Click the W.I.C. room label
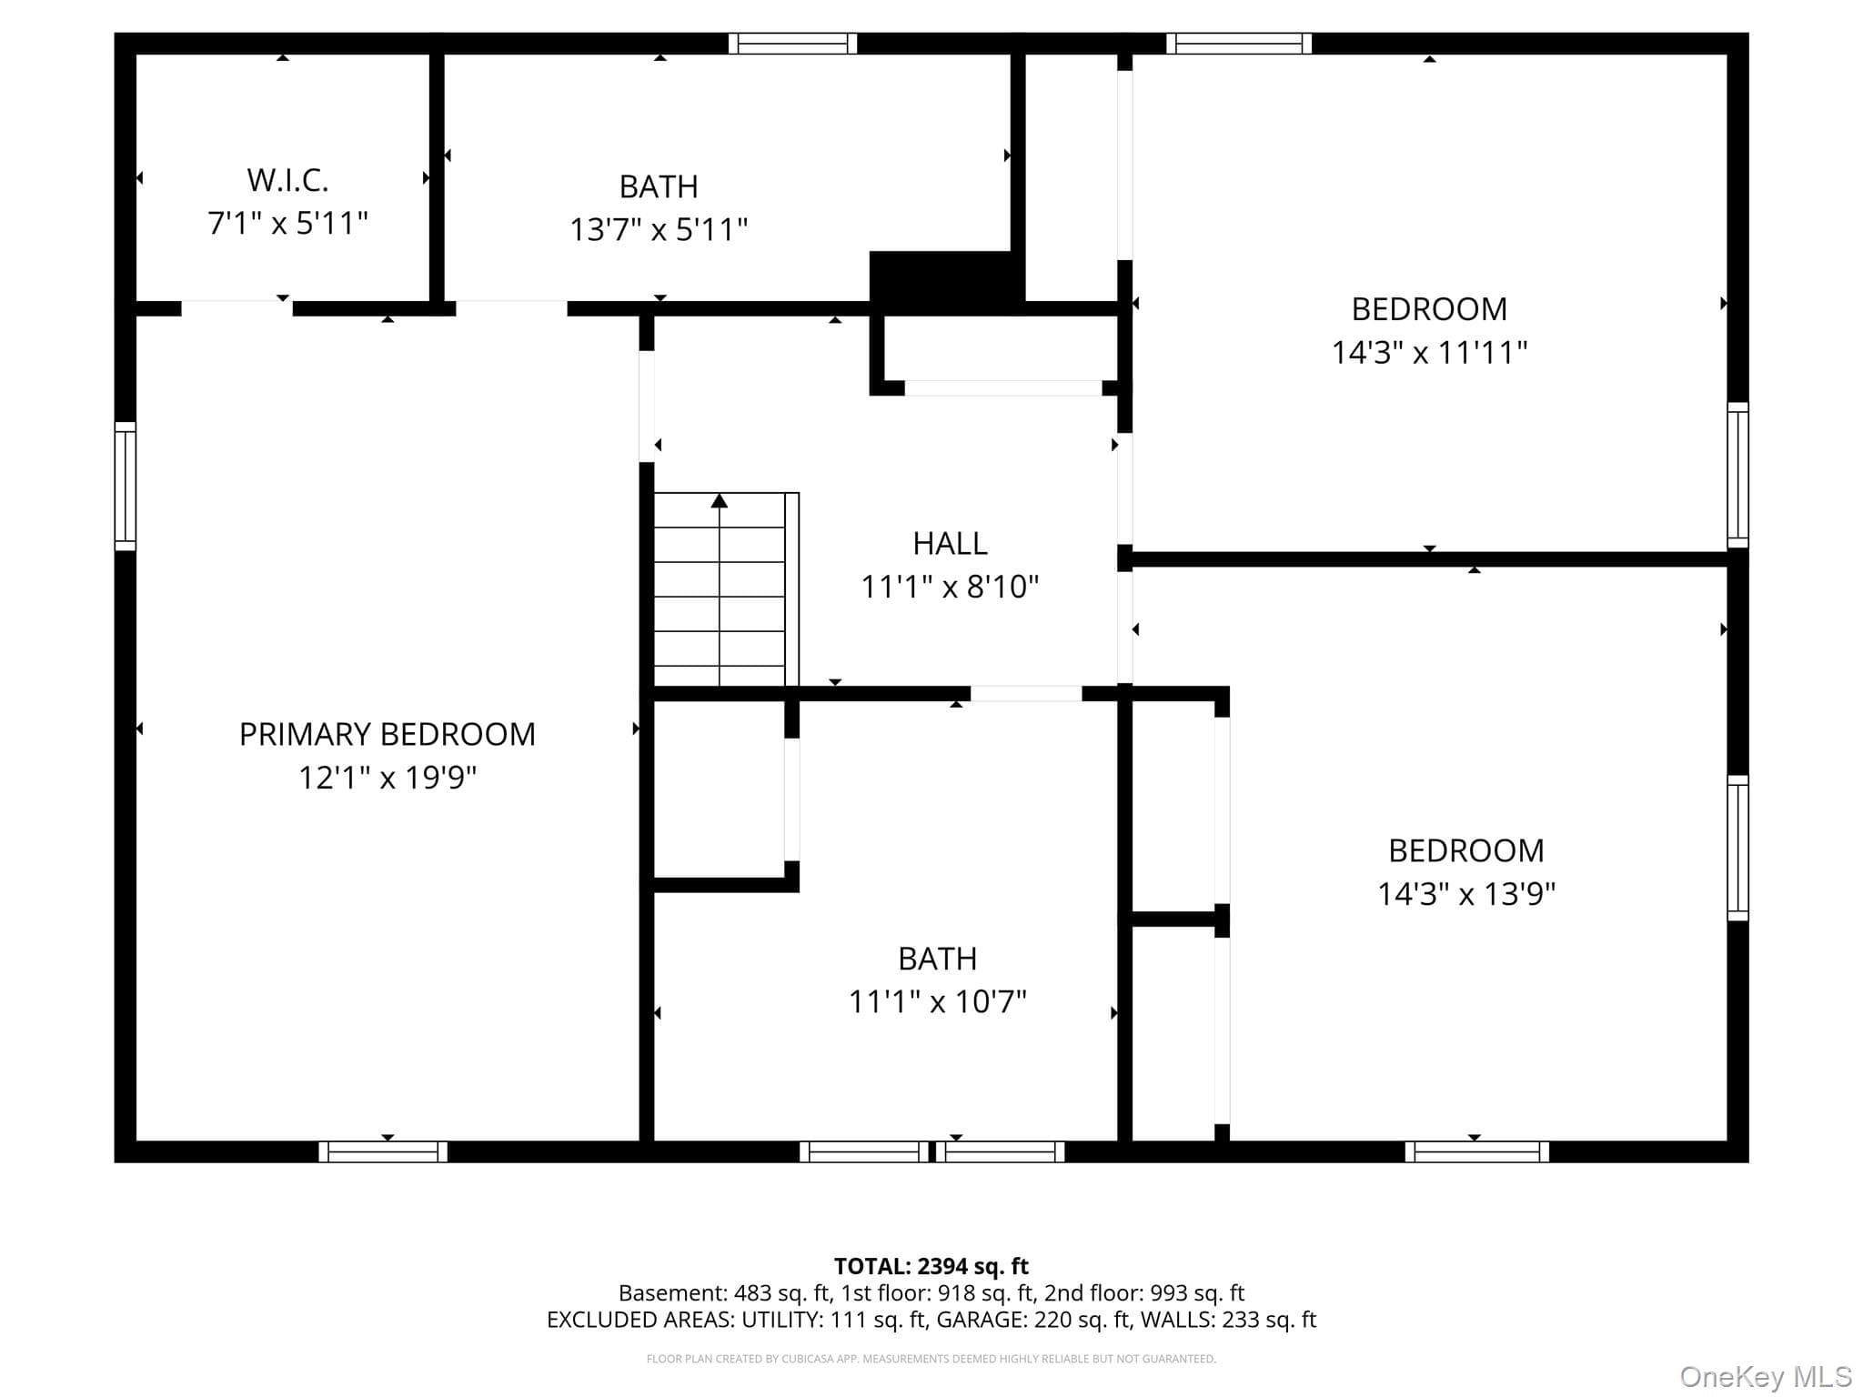point(287,180)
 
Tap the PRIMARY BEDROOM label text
point(388,734)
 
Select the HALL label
point(950,543)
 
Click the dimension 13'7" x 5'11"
point(659,229)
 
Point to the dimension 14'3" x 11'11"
point(1429,352)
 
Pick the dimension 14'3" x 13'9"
point(1466,894)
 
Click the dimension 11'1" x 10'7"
point(937,1001)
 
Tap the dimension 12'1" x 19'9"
point(388,778)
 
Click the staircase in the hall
point(726,589)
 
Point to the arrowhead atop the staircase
point(720,500)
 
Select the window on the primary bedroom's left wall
point(125,486)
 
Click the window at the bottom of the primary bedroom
point(383,1151)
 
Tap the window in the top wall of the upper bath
point(793,44)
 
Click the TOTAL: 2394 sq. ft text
point(931,1266)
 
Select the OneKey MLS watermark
point(1766,1378)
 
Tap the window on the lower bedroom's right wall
point(1737,848)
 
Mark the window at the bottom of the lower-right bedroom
point(1477,1151)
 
